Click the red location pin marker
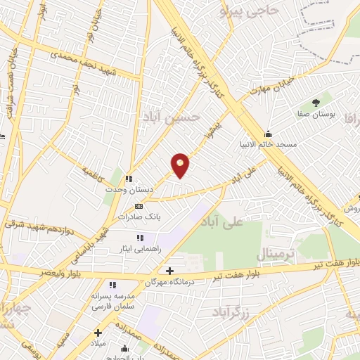point(180,165)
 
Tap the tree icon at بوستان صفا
point(315,103)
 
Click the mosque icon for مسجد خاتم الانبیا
point(267,134)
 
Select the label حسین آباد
point(182,118)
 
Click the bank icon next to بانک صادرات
point(139,207)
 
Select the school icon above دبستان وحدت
point(128,179)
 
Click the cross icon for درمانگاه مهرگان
point(169,271)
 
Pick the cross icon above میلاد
point(98,332)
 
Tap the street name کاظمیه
point(93,171)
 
